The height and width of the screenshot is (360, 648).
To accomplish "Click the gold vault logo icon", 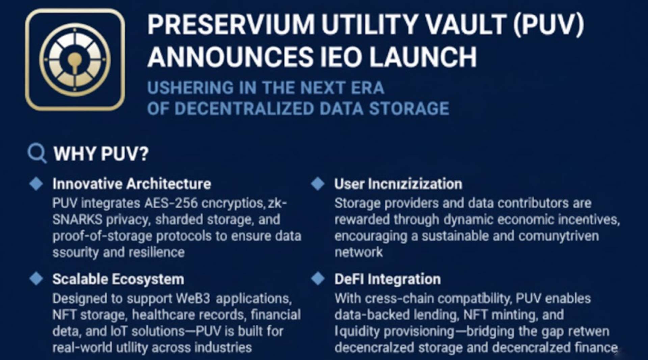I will click(75, 60).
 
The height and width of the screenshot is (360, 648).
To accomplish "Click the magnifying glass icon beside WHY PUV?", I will click(36, 153).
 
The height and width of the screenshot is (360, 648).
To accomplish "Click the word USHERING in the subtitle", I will click(190, 88).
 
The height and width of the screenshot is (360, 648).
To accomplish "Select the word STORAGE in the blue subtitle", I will click(409, 109).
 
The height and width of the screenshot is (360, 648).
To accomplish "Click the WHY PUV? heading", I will click(101, 154).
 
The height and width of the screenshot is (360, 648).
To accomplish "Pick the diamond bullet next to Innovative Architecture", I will click(36, 184).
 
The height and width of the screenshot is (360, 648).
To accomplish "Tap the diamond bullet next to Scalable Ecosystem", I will click(36, 279).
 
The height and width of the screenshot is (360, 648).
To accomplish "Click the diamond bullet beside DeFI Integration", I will click(318, 279).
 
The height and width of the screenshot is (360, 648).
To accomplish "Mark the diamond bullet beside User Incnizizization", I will click(318, 184).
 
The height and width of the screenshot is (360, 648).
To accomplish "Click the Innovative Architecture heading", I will click(132, 184).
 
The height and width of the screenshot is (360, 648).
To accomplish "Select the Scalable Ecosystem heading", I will click(118, 279).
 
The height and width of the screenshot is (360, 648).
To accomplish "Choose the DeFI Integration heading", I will click(387, 279).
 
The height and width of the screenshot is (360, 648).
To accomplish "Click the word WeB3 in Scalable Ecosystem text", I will click(193, 299).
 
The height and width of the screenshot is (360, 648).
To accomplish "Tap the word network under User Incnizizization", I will click(358, 252).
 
